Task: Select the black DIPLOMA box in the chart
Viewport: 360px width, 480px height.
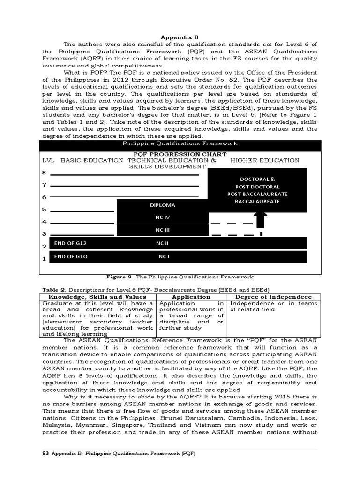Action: point(163,205)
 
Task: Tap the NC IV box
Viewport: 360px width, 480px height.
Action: point(163,217)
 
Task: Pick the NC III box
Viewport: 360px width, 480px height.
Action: point(163,230)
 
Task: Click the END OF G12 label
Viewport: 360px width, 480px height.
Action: point(70,243)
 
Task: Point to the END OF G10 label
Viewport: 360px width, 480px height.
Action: point(70,257)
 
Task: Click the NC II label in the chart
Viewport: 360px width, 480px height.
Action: point(163,243)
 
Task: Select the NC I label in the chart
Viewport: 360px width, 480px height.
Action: point(164,257)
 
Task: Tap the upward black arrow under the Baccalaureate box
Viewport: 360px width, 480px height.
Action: point(261,219)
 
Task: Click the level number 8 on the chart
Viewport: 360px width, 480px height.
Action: point(44,172)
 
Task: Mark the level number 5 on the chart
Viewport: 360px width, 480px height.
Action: point(44,210)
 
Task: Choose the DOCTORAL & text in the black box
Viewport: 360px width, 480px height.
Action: point(257,179)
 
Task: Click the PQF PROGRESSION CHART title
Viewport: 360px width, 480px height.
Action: point(180,154)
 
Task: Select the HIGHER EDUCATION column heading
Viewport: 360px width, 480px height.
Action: point(264,160)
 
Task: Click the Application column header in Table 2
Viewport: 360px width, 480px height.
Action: point(191,297)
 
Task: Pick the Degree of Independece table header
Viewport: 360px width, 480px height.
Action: point(273,297)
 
